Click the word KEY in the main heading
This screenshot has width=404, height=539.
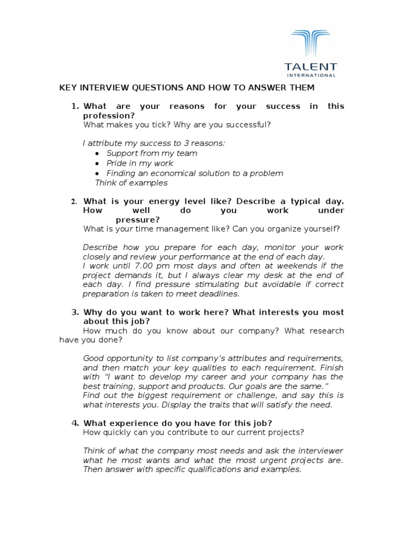(67, 87)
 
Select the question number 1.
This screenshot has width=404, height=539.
(74, 106)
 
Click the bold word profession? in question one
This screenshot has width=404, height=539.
(109, 115)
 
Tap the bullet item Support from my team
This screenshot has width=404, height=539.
(151, 153)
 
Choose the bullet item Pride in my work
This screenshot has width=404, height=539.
(139, 163)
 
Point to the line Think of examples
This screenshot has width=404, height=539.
(131, 183)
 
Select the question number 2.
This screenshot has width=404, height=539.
(74, 202)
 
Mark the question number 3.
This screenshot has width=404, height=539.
(74, 312)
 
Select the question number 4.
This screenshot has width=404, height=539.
(74, 423)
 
